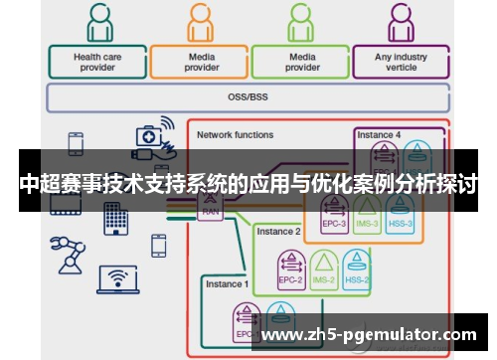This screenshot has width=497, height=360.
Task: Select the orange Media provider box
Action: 202,62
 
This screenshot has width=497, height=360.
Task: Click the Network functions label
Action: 235,134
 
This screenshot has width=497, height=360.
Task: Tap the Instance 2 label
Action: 278,231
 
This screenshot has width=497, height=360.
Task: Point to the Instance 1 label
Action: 227,284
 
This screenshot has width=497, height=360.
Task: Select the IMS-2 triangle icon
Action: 323,264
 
